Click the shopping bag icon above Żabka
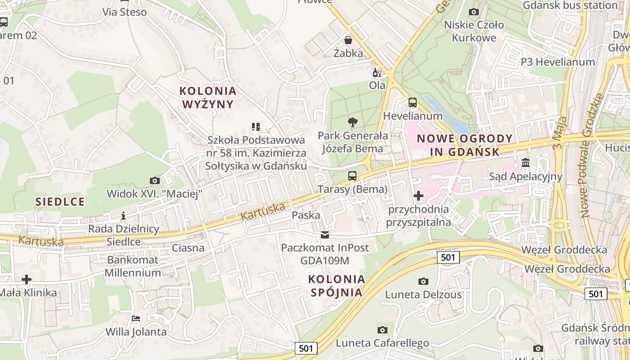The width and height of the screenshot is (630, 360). coord(348,40)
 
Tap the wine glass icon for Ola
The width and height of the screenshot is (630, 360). coord(377,72)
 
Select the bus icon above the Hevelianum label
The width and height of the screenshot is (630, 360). coord(412,103)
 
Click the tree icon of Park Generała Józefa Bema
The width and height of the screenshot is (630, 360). coord(353,122)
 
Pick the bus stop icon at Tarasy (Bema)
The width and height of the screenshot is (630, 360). coord(352,176)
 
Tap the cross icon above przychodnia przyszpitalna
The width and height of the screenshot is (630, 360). coord(418,196)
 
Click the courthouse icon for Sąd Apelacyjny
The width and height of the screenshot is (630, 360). coord(526,162)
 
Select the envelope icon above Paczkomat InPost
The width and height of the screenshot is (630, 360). coord(324,235)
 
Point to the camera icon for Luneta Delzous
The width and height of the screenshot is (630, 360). coord(423,281)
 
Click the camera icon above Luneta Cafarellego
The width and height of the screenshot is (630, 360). coord(382,330)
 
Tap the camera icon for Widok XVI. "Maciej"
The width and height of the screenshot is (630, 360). coord(154,180)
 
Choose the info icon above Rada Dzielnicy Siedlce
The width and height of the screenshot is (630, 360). coord(123,216)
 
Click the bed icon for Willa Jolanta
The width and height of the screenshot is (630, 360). coord(136,319)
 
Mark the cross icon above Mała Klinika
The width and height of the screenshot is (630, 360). coord(27,279)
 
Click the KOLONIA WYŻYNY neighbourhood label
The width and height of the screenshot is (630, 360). coord(208,98)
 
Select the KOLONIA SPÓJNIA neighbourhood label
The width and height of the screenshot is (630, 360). coord(337,286)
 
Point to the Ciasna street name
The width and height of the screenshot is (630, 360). coord(188,248)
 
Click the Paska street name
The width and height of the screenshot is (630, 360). coord(306,215)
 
